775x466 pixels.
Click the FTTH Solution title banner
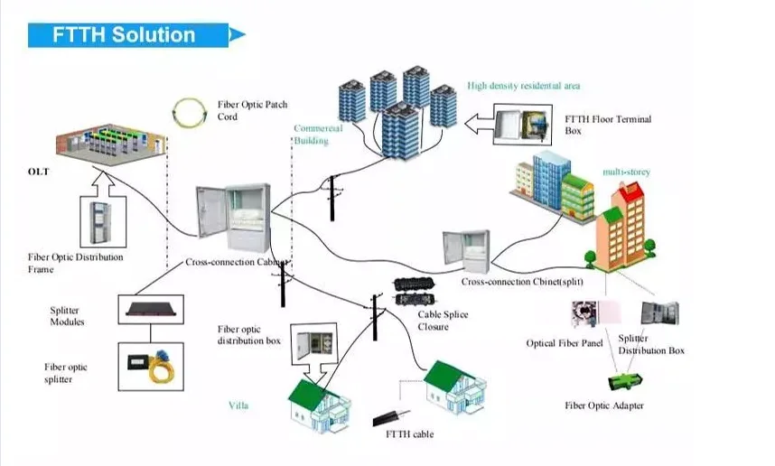coord(126,35)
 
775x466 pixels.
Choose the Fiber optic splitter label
coord(66,373)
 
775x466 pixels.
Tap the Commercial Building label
coord(318,135)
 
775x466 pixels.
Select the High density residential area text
coord(523,86)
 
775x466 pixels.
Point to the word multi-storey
coord(626,172)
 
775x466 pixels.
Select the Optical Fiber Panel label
coord(565,343)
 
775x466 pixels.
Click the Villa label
coord(238,405)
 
